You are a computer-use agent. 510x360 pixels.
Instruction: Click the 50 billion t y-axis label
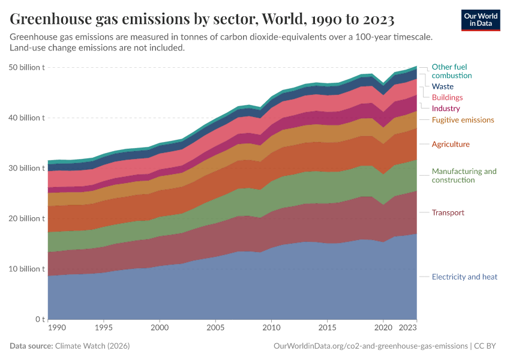pos(27,67)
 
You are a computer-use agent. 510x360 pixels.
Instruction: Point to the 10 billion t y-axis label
pos(27,269)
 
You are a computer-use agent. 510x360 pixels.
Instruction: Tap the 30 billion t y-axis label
pos(27,168)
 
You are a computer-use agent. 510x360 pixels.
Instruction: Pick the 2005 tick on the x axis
pos(215,329)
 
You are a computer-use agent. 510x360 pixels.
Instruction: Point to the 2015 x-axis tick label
pos(327,329)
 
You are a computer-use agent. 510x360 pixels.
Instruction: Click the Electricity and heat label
pos(464,277)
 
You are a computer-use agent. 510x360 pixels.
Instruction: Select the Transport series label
pos(448,212)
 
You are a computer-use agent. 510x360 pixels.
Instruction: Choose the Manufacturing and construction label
pos(464,175)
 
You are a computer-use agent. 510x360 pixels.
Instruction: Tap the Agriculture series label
pos(451,144)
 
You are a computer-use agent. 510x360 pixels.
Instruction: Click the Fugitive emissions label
pos(463,120)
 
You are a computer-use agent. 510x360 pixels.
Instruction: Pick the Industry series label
pos(445,109)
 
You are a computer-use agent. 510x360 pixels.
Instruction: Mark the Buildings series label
pos(447,97)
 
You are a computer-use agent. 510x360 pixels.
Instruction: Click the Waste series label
pos(442,86)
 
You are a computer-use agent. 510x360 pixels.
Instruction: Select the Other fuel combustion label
pos(451,71)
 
